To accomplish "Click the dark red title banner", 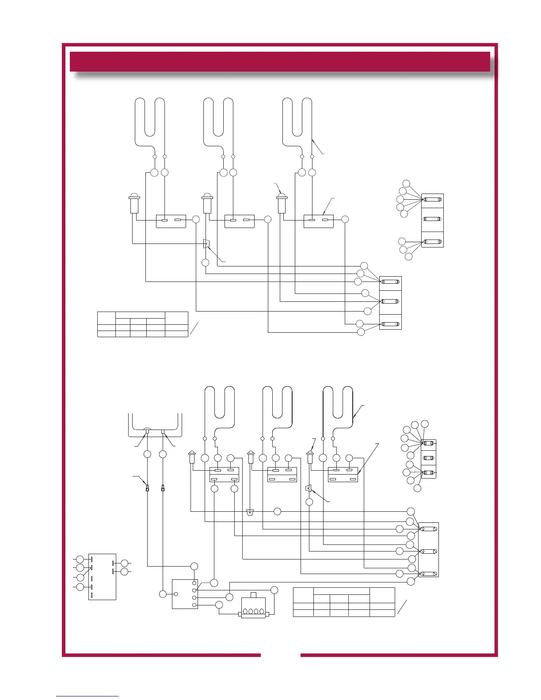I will [x=280, y=61].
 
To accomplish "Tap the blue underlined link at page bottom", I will [x=88, y=696].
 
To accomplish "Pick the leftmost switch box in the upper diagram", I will [x=171, y=221].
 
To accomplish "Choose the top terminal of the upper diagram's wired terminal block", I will [x=391, y=282].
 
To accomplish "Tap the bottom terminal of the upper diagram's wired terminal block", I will [x=391, y=324].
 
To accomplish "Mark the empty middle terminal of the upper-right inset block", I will [x=432, y=219].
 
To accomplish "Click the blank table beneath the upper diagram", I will [x=142, y=324].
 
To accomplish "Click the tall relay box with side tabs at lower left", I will [x=102, y=576].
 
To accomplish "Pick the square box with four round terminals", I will [x=185, y=593].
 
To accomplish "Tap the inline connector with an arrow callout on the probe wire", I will [x=147, y=488].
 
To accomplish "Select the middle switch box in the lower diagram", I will [x=282, y=474].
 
